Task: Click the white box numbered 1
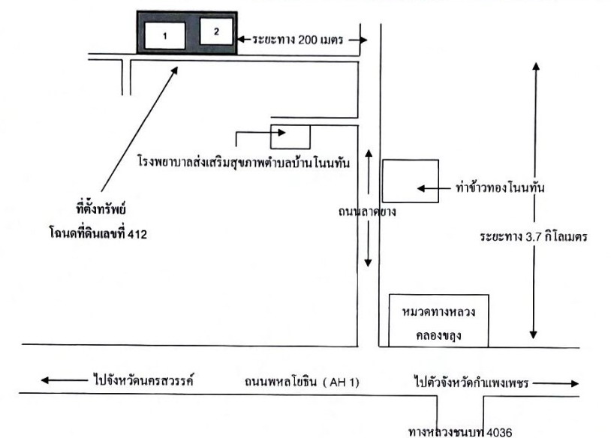(165, 36)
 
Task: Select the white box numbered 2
(216, 31)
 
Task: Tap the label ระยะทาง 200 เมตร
(298, 40)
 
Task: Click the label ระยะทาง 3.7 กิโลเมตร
(534, 237)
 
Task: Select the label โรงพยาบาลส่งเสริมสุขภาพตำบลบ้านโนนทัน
(244, 162)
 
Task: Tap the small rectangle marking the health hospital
(290, 136)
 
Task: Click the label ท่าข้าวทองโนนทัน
(500, 188)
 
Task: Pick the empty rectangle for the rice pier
(411, 181)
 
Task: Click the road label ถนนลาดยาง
(367, 211)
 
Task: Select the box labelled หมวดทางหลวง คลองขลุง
(439, 320)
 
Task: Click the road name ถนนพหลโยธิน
(281, 382)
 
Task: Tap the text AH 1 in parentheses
(344, 382)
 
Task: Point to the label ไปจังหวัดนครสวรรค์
(144, 379)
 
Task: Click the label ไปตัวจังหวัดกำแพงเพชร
(471, 382)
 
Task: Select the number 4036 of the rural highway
(500, 432)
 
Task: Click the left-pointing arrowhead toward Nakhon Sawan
(45, 380)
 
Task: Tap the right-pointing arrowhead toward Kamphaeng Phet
(575, 383)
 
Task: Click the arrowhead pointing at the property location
(175, 70)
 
